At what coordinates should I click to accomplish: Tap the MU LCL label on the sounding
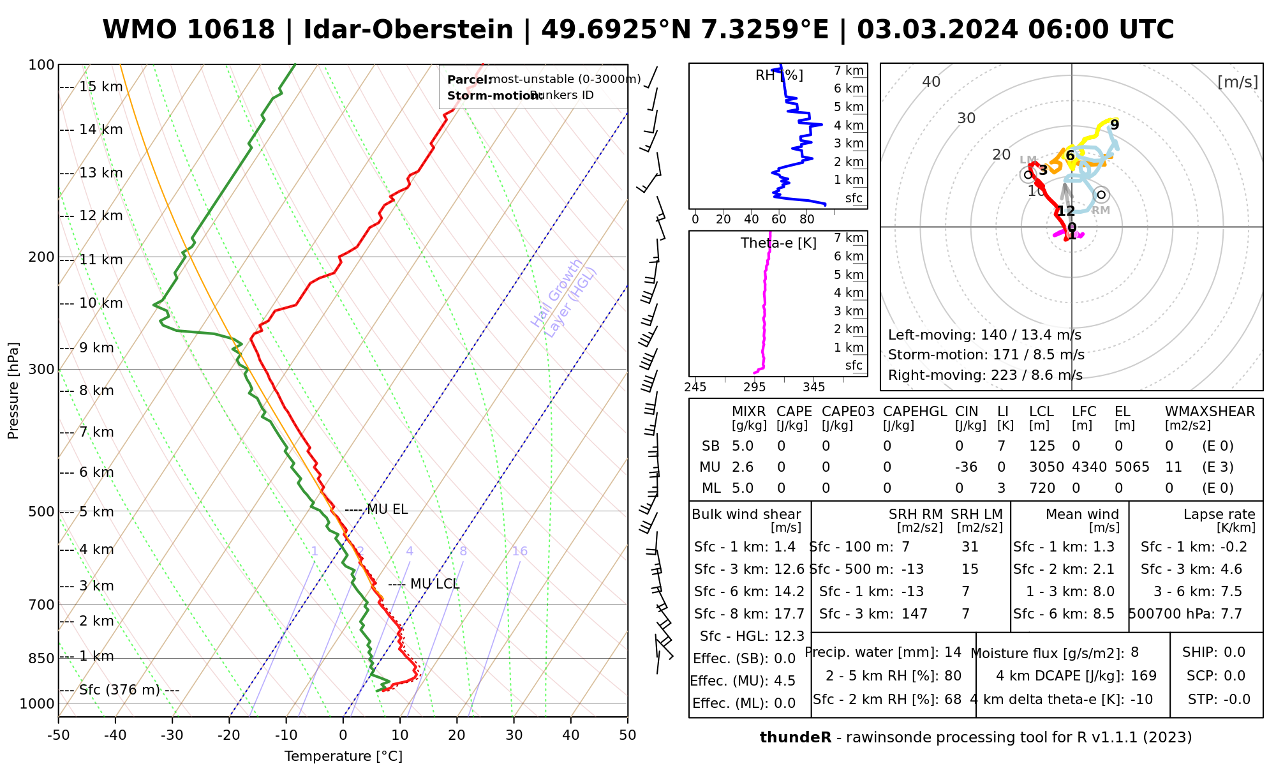pos(434,584)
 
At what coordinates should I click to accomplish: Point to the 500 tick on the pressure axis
pos(41,512)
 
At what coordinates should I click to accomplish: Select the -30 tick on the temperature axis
pos(172,735)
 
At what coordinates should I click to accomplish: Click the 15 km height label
pos(101,87)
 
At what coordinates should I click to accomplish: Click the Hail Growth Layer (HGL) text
pos(564,297)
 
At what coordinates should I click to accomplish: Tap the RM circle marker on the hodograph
pos(1101,195)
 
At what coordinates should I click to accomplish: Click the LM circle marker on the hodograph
pos(1027,174)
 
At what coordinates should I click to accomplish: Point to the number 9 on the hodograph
pos(1115,124)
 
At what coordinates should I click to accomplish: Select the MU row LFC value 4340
pos(1089,467)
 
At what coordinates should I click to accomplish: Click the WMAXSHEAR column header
pos(1210,412)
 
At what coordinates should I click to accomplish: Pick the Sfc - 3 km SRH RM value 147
pos(914,614)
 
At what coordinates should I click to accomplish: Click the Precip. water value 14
pos(953,652)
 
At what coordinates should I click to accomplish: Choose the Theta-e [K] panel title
pos(778,243)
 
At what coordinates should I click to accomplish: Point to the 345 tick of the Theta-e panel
pos(813,387)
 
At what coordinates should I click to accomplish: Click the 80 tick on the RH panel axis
pos(807,220)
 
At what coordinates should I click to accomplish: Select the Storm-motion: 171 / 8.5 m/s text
pos(986,355)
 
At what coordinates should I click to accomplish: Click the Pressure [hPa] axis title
pos(13,391)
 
